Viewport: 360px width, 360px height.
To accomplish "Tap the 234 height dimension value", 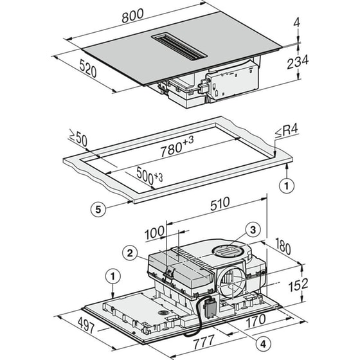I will [298, 61].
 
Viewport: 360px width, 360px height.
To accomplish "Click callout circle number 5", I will [94, 208].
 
